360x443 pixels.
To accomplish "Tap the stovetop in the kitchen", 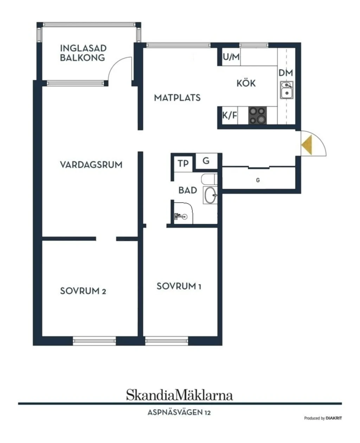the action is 258,116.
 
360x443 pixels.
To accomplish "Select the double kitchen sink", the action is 287,90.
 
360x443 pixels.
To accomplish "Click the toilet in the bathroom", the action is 209,179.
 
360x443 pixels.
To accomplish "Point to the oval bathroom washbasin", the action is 210,195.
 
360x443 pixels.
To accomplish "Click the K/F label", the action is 230,116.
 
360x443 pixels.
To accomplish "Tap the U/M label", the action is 231,57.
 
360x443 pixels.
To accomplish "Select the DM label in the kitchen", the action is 286,73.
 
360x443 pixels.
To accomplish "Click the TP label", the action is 183,164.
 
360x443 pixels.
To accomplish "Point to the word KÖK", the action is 246,83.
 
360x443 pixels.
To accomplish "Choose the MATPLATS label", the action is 177,98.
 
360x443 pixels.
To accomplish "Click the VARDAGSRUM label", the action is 91,165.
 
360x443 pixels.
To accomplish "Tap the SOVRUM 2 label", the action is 83,291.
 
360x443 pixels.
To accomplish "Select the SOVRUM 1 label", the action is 179,286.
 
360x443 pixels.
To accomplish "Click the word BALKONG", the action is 82,58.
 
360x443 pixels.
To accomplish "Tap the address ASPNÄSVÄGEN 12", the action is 179,413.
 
